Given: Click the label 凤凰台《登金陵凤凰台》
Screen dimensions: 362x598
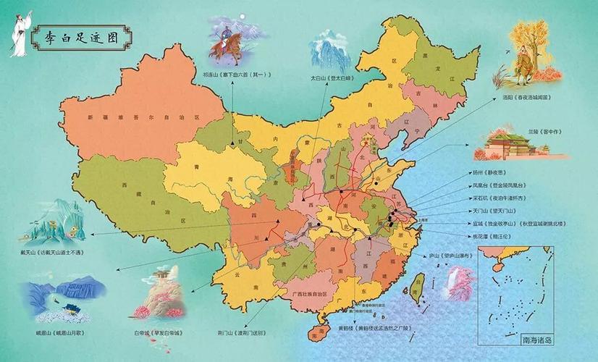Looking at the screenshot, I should (x=498, y=185).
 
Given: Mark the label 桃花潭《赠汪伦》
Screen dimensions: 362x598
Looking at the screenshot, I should (x=491, y=235).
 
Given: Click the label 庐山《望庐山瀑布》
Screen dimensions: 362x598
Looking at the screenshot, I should (x=454, y=256).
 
